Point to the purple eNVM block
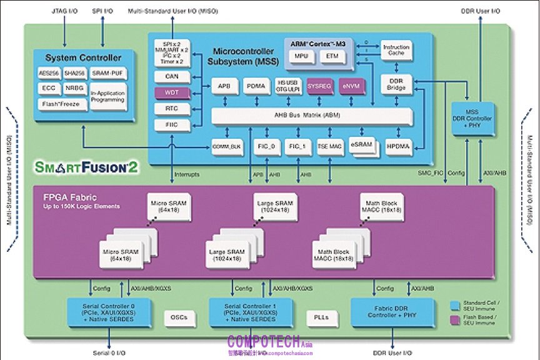[349, 86]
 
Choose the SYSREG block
[318, 86]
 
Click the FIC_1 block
[296, 146]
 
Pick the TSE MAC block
[329, 146]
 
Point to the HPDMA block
[396, 146]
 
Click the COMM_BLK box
[227, 146]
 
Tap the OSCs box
[179, 317]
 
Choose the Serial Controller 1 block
[251, 311]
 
